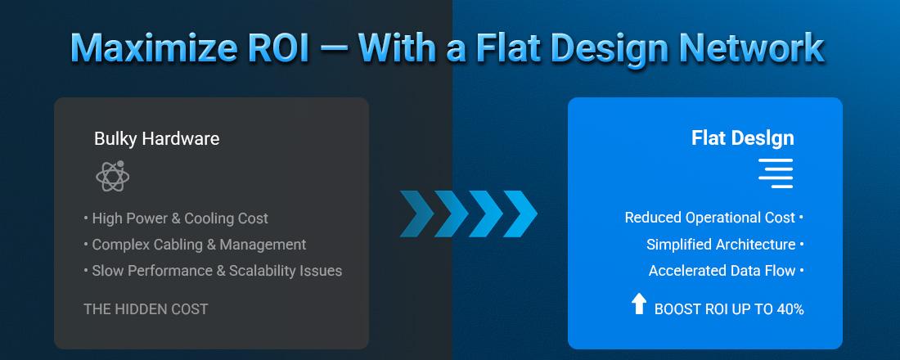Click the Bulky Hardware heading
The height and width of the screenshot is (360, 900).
[x=156, y=139]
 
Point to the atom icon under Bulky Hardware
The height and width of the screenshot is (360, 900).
[x=112, y=177]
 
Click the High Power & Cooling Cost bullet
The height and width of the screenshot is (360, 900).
[x=179, y=218]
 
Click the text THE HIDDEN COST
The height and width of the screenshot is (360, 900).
[x=146, y=310]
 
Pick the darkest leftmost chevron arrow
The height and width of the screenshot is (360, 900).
[x=417, y=214]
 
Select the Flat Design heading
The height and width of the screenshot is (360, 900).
[x=742, y=139]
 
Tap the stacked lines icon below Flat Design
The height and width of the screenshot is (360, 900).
[x=775, y=173]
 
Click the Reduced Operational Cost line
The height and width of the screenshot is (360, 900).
[x=709, y=218]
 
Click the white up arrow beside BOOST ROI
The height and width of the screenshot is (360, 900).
[x=638, y=304]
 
